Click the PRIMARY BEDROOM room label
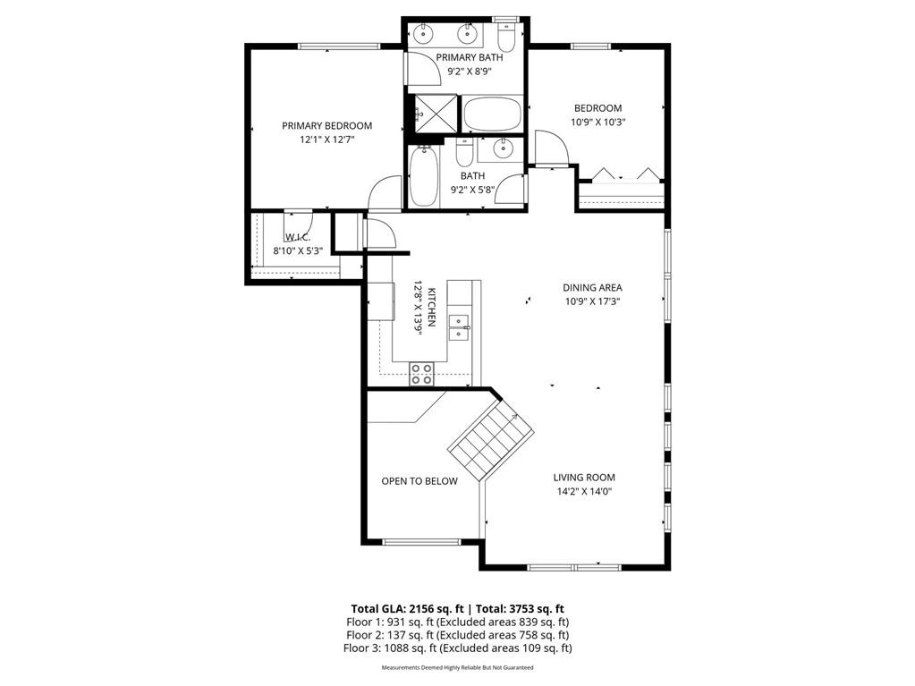click(326, 126)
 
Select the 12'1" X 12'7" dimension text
click(326, 140)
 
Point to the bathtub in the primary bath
click(492, 115)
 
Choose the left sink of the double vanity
click(423, 36)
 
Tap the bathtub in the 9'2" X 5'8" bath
click(424, 177)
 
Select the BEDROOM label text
click(597, 108)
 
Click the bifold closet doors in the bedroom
click(621, 174)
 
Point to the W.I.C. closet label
click(298, 237)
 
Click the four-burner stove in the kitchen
click(421, 374)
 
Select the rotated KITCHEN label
click(431, 308)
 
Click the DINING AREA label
click(592, 288)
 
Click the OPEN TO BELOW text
click(419, 481)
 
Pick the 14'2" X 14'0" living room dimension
click(583, 491)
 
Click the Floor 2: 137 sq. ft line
click(457, 635)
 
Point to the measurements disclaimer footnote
click(457, 668)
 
